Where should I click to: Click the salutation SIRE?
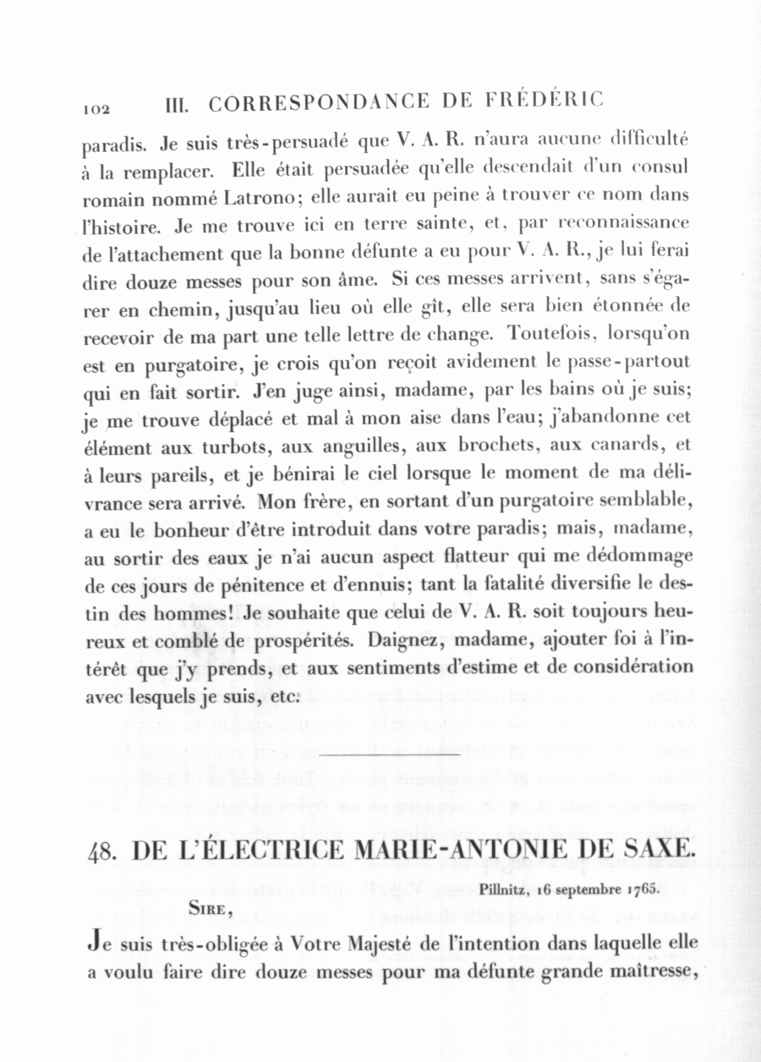point(206,909)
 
